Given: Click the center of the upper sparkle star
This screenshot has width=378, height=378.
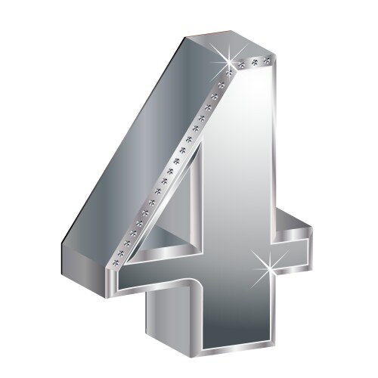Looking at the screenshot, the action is (229, 61).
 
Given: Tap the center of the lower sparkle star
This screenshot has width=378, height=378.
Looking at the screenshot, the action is (269, 269).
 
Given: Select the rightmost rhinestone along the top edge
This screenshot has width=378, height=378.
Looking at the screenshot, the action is (267, 60).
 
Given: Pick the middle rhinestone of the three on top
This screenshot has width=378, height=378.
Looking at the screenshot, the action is (255, 62).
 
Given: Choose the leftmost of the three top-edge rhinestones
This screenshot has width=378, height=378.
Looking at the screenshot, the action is (242, 64).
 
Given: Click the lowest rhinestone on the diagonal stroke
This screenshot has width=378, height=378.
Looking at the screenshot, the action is (116, 262).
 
